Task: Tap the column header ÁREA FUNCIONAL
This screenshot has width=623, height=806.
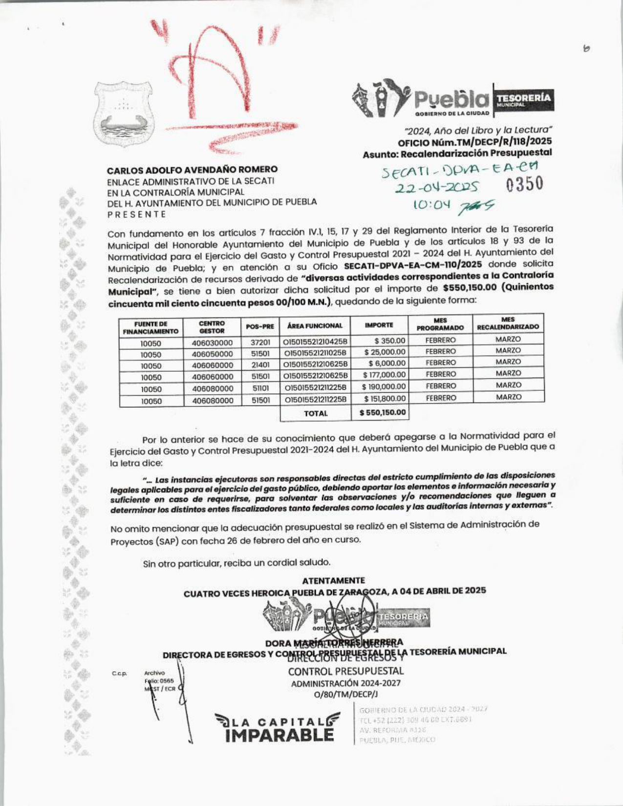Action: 315,325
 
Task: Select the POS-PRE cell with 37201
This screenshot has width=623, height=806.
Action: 260,342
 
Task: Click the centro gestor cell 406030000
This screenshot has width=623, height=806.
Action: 212,342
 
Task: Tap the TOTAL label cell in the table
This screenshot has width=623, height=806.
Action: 316,413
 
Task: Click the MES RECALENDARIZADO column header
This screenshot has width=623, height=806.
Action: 508,323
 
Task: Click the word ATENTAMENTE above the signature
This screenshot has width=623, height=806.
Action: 333,580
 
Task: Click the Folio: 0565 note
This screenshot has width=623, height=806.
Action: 159,681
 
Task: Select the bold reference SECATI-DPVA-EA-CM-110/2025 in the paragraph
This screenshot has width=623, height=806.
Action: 413,266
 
